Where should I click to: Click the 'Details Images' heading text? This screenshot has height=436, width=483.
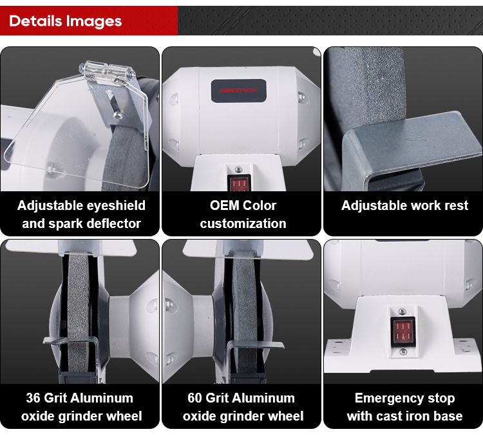pos(65,21)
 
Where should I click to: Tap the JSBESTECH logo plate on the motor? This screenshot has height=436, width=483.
pos(238,91)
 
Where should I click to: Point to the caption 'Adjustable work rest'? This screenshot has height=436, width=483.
pos(404,205)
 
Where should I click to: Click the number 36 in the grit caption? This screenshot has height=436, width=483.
pos(33,398)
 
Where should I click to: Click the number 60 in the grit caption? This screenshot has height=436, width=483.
pos(194,398)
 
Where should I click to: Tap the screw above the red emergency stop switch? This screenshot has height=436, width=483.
pos(402,312)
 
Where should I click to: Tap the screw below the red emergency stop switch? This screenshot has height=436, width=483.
pos(403,352)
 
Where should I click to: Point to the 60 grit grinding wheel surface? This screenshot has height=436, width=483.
pos(245,311)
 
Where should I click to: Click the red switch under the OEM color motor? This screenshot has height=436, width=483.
pos(239,184)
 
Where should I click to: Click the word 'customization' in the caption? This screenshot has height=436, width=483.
pos(243,223)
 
